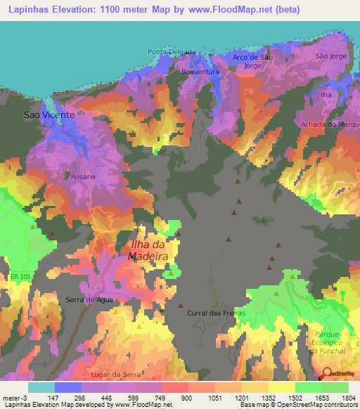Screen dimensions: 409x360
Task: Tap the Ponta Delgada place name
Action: point(172,52)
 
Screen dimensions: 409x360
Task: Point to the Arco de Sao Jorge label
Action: point(252,61)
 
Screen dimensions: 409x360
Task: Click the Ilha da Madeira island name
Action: point(148,250)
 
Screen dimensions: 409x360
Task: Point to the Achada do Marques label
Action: point(329,124)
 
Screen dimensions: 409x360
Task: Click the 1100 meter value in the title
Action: point(116,10)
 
